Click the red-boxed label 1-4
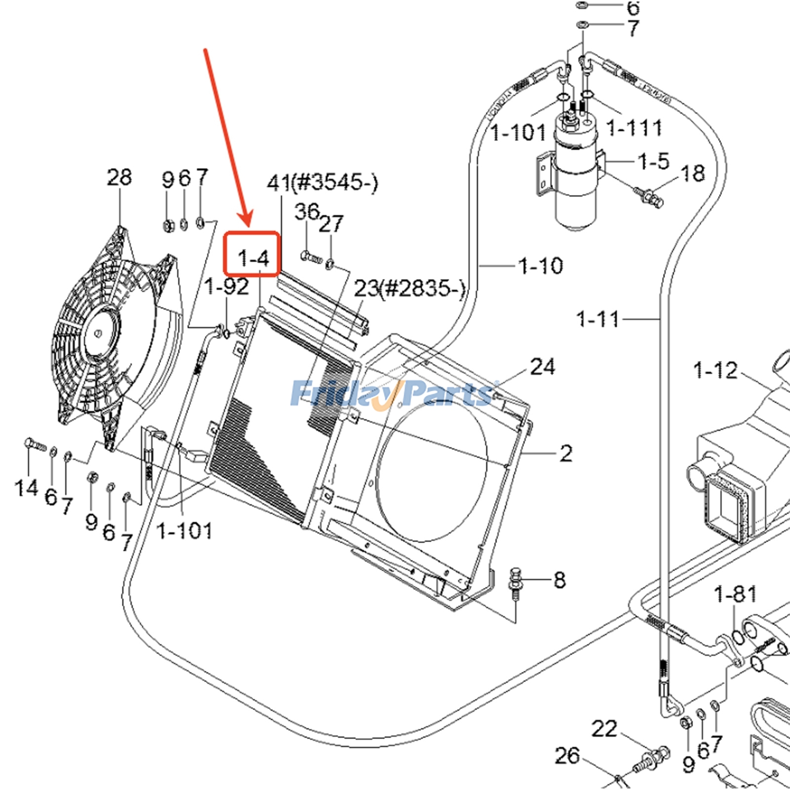(x=253, y=258)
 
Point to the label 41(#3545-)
(x=322, y=183)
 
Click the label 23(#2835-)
(x=409, y=288)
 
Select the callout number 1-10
(x=540, y=266)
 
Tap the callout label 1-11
(x=597, y=319)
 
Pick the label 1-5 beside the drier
(x=653, y=161)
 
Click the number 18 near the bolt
(x=692, y=173)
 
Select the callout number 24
(x=542, y=366)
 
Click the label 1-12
(x=715, y=370)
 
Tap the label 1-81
(x=735, y=594)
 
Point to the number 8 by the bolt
(x=559, y=580)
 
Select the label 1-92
(x=227, y=286)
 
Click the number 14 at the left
(x=26, y=488)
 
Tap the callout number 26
(x=566, y=755)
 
